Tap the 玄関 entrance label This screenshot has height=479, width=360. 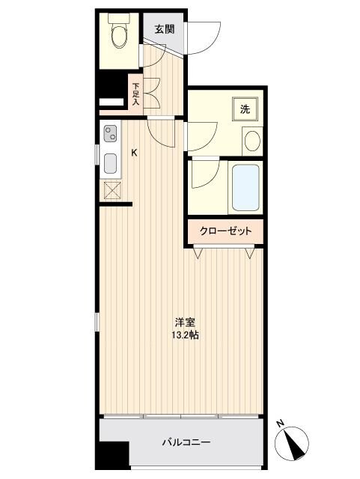[x=164, y=30]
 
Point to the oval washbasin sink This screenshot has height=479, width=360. [x=252, y=141]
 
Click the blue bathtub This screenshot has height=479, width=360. [x=245, y=187]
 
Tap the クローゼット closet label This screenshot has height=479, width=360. [x=225, y=231]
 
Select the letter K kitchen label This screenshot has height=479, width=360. [x=135, y=153]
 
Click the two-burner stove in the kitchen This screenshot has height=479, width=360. [x=111, y=133]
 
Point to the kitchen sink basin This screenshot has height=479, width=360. [x=111, y=163]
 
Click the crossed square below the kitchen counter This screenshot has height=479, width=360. [x=112, y=190]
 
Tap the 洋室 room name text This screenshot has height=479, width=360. [x=186, y=323]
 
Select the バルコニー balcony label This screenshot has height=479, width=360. [x=186, y=442]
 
